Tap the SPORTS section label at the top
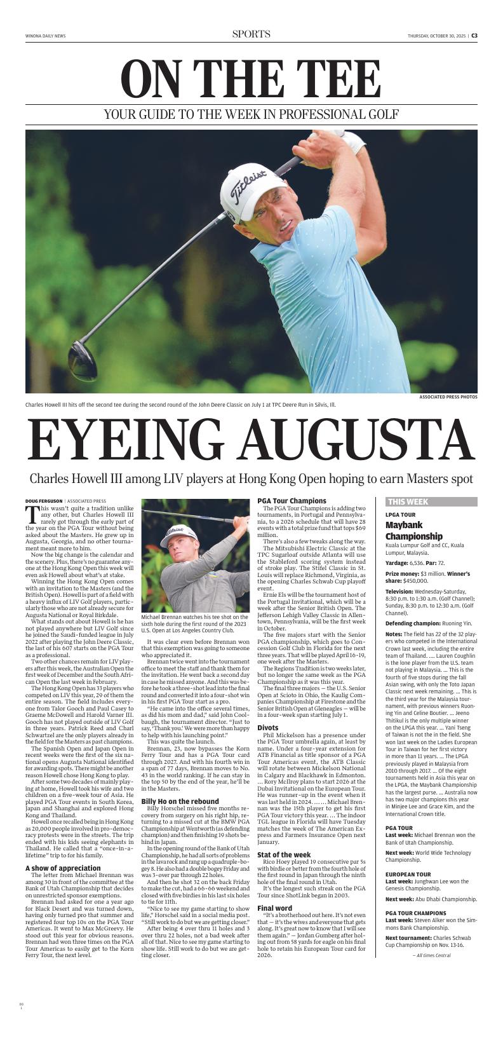(x=251, y=34)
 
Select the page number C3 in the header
(x=474, y=36)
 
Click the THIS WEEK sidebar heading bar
(x=431, y=501)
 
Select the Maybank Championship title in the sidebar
(x=413, y=530)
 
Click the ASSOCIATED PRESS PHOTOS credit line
(x=448, y=397)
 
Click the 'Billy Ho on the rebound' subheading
(x=180, y=802)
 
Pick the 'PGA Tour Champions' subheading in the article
(x=292, y=501)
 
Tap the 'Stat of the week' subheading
(x=284, y=855)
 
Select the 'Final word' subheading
(x=275, y=908)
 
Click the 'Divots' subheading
(x=268, y=728)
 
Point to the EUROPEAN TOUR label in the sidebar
(x=408, y=874)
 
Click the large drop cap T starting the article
(x=32, y=514)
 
